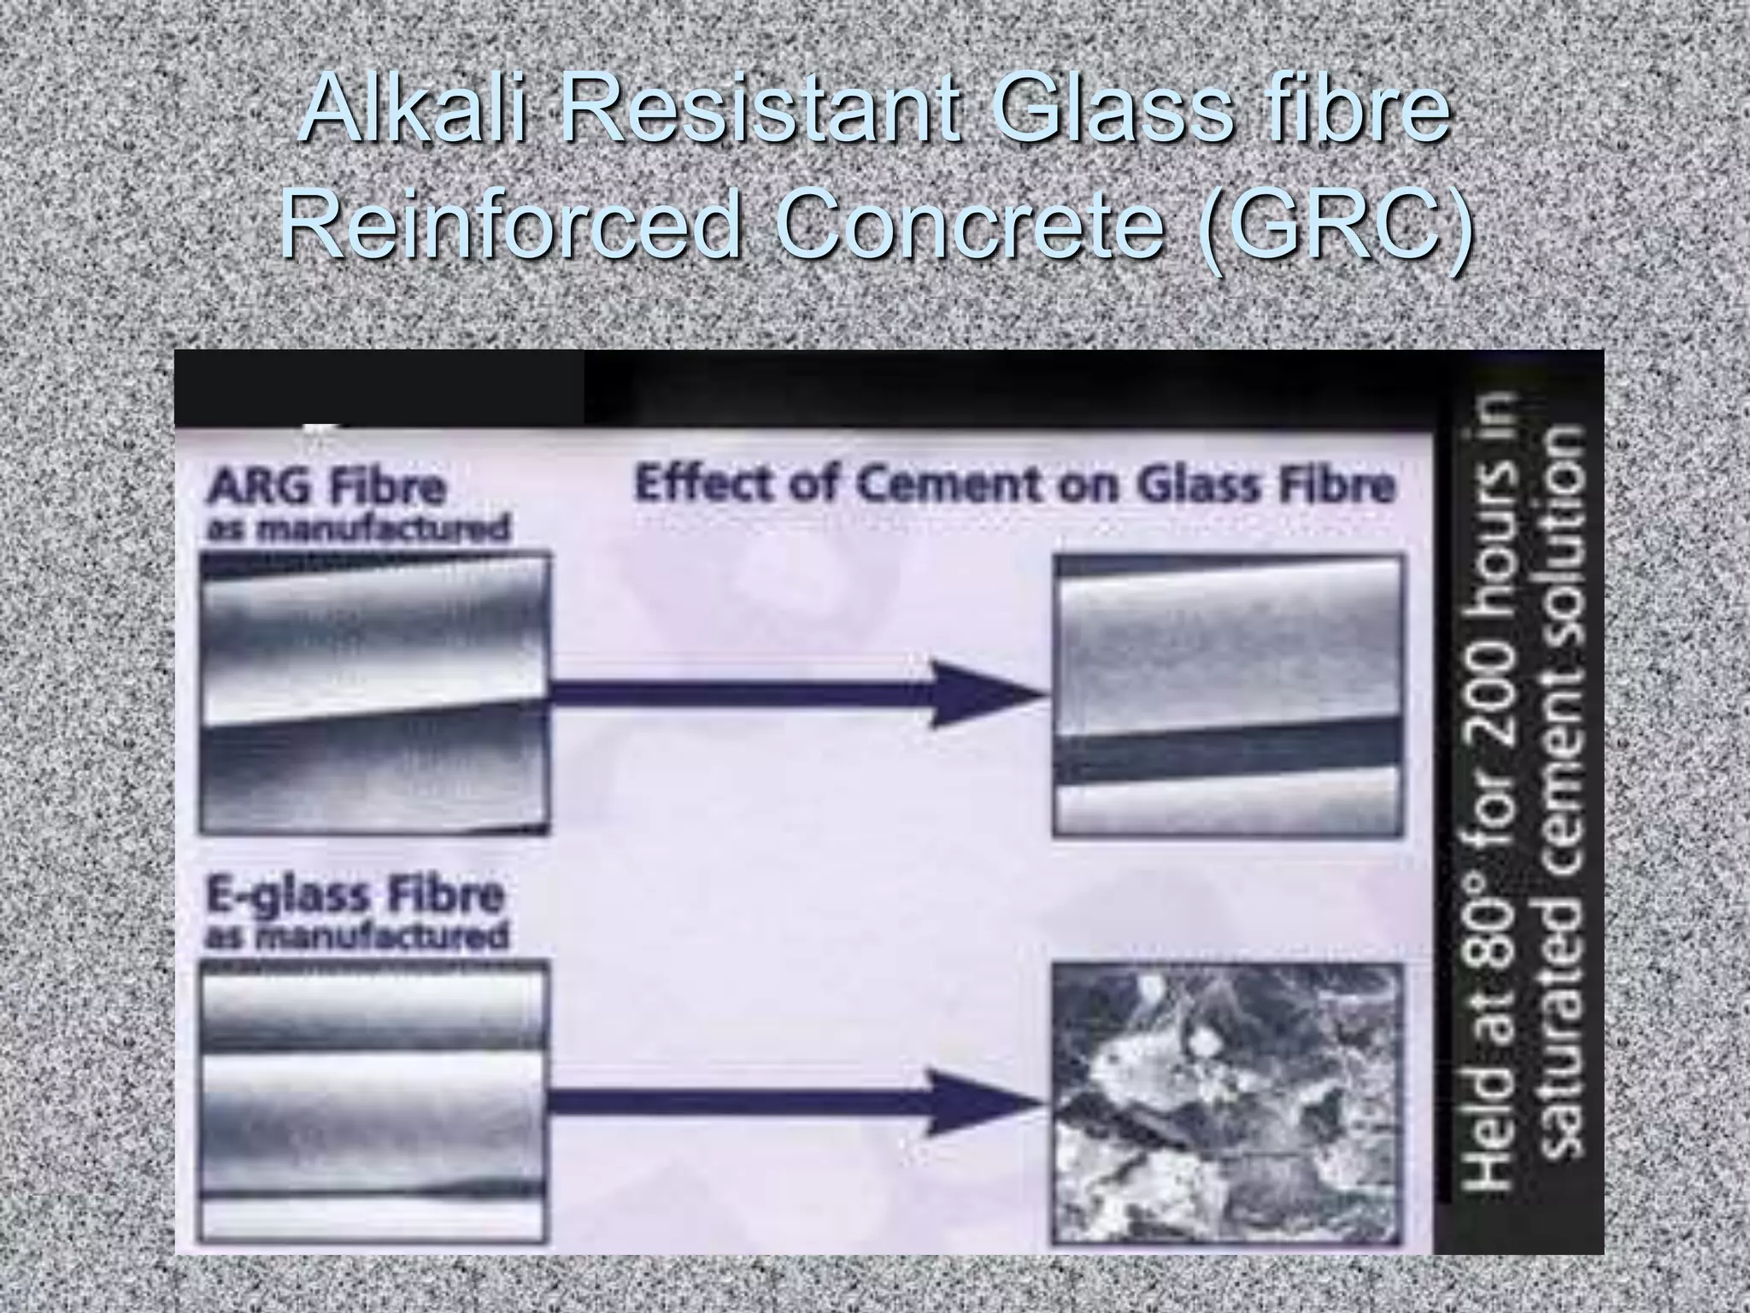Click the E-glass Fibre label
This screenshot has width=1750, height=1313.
click(355, 896)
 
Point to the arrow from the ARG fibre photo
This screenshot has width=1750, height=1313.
click(795, 693)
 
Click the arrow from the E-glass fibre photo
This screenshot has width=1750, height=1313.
click(795, 1103)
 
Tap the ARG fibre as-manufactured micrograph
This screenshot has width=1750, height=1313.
click(374, 693)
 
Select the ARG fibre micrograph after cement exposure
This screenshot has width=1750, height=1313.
click(1228, 693)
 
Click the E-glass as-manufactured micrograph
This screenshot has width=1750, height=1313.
click(374, 1103)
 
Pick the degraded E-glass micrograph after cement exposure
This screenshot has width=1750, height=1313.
click(1228, 1103)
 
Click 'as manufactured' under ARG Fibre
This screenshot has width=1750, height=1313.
click(358, 529)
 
